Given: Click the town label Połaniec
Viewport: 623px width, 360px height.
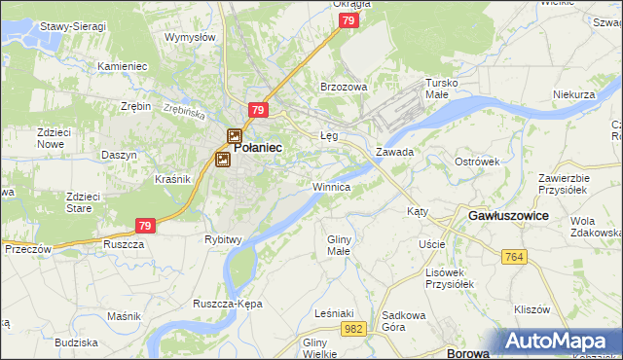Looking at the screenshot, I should pyautogui.click(x=258, y=147).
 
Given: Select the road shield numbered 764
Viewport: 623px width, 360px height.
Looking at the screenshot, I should pyautogui.click(x=515, y=256).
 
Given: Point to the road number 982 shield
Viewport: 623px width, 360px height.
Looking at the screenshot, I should pyautogui.click(x=354, y=330).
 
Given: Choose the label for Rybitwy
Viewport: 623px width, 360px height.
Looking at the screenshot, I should pyautogui.click(x=223, y=238).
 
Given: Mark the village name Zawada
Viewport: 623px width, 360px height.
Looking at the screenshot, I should pyautogui.click(x=395, y=153).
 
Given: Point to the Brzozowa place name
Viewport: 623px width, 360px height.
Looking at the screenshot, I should pyautogui.click(x=345, y=87).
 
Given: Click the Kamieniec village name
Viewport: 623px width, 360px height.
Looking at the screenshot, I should pyautogui.click(x=122, y=66).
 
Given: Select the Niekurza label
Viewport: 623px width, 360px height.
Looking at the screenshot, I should pyautogui.click(x=573, y=95).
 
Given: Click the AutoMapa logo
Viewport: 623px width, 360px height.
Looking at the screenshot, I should pyautogui.click(x=560, y=342).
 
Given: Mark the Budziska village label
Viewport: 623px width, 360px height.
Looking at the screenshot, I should pyautogui.click(x=77, y=342).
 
